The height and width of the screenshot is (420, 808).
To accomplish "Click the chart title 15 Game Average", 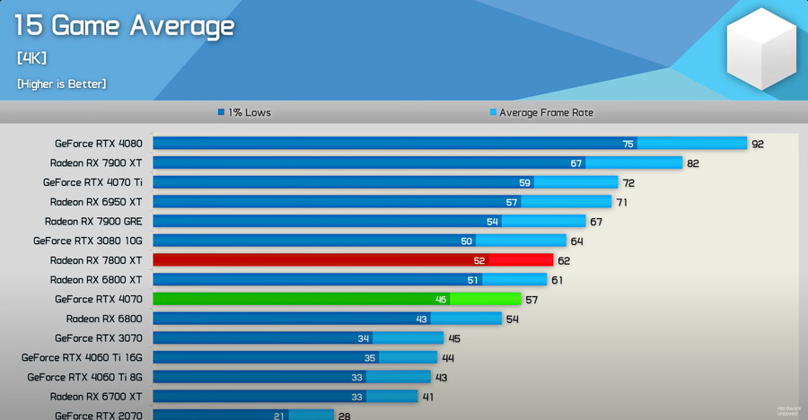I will (124, 26).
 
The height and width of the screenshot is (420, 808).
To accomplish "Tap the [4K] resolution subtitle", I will (31, 58).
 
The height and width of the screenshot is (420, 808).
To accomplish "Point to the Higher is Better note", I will (61, 83).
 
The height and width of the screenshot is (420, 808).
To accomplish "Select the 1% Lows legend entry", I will (244, 113).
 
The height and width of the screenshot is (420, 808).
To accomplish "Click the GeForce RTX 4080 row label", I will (98, 143).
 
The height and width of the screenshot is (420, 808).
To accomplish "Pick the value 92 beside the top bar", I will (758, 144).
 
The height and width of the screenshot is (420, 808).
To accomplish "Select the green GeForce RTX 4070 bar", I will (337, 299).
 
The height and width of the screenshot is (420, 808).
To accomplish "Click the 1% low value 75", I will (628, 144).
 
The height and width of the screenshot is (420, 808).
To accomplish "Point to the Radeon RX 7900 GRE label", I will (93, 221).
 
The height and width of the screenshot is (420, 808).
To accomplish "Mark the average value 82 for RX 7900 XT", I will (693, 163).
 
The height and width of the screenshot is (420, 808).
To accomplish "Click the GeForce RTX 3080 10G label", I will (88, 241).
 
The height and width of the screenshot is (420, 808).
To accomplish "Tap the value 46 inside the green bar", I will (441, 300).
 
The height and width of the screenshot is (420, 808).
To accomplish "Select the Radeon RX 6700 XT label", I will (96, 397).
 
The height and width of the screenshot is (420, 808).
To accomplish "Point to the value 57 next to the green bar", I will (531, 300).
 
